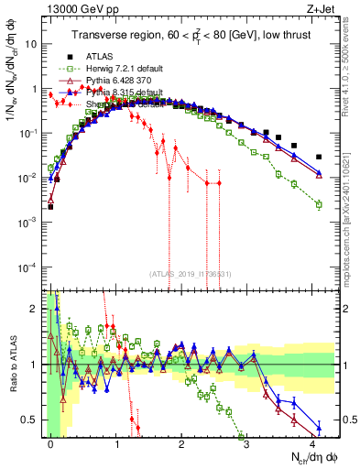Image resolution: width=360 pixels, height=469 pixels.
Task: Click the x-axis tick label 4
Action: pos(312,442)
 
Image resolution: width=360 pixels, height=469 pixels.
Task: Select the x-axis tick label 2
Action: pos(182,442)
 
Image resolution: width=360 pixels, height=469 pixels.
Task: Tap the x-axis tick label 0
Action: pos(51,442)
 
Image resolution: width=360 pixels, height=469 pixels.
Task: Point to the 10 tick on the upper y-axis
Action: pos(34,43)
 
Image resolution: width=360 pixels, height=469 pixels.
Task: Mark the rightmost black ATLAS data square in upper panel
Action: pos(319,157)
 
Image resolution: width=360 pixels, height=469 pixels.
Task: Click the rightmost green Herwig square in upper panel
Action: pos(319,204)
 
